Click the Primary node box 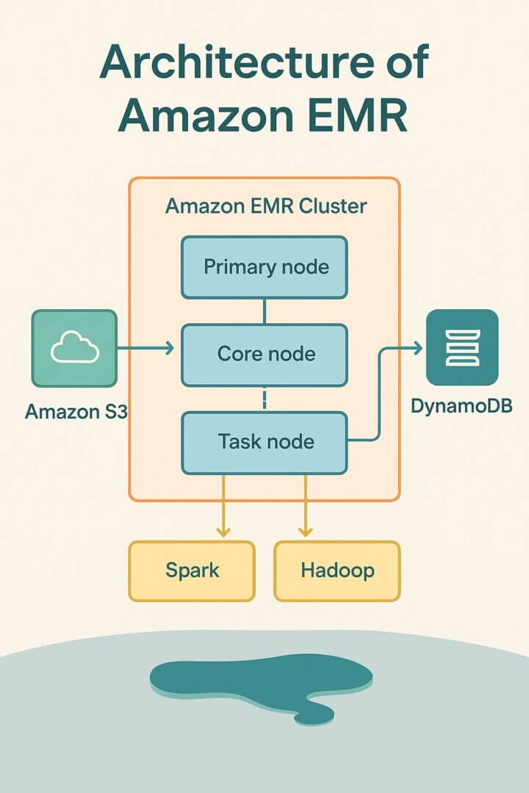pyautogui.click(x=264, y=267)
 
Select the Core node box pyautogui.click(x=264, y=355)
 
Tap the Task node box pyautogui.click(x=264, y=442)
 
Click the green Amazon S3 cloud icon pyautogui.click(x=74, y=348)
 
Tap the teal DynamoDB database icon pyautogui.click(x=462, y=348)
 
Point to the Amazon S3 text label pyautogui.click(x=76, y=411)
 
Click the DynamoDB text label pyautogui.click(x=462, y=405)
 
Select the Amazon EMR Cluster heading pyautogui.click(x=265, y=206)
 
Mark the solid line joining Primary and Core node pyautogui.click(x=264, y=311)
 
